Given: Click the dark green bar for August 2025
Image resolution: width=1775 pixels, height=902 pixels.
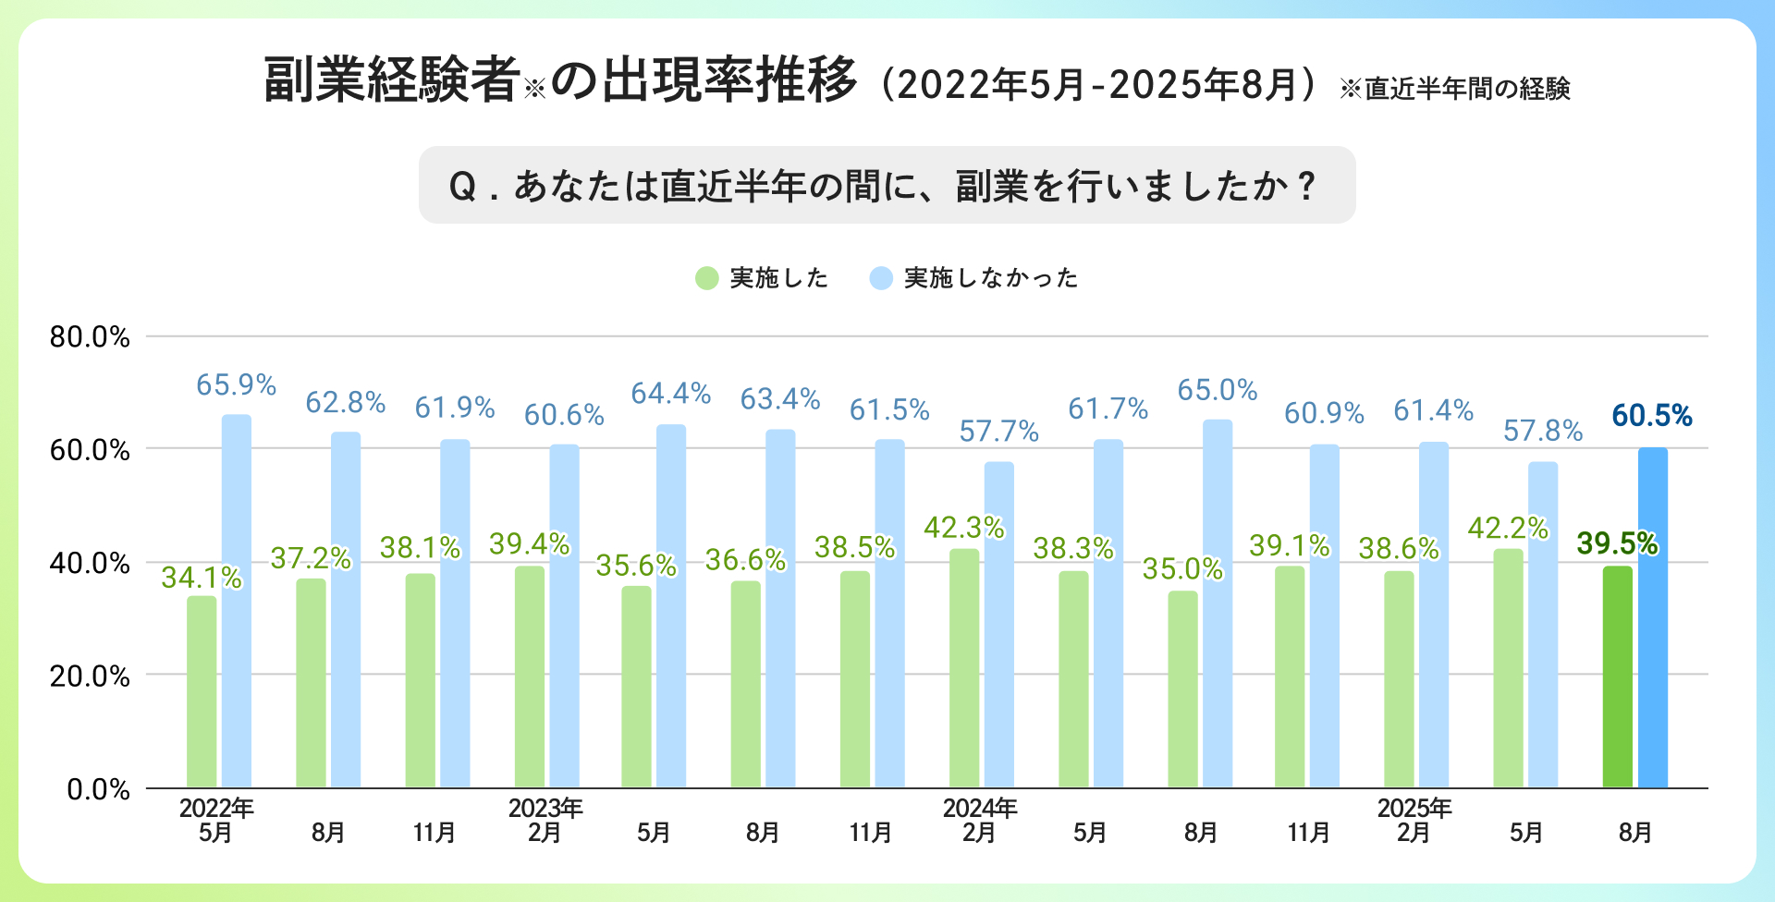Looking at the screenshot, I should tap(1617, 676).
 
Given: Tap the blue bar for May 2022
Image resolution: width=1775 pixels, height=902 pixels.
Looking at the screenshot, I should tap(237, 601).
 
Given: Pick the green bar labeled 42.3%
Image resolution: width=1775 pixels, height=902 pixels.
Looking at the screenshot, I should tap(964, 668).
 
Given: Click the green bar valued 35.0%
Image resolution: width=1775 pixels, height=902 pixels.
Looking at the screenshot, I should tap(1182, 689).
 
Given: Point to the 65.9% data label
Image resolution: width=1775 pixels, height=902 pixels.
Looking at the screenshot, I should tap(237, 385).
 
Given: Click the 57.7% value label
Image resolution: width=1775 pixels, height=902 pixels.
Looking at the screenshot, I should tap(999, 432).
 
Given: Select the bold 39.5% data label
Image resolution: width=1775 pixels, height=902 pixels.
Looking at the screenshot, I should tap(1617, 544).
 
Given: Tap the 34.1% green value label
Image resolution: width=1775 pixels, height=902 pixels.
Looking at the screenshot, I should tap(202, 578).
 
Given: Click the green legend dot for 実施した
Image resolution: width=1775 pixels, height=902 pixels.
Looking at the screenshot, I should tap(707, 278).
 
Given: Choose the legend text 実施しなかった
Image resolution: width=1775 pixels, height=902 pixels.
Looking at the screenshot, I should tap(991, 278).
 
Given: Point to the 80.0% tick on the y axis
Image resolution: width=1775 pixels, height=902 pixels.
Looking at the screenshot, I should tap(90, 337).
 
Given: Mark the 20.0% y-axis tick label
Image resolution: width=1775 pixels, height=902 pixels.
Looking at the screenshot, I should tap(90, 676).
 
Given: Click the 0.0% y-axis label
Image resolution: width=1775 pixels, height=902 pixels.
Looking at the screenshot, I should tap(98, 789).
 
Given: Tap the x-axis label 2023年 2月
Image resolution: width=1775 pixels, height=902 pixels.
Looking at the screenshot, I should tap(545, 821).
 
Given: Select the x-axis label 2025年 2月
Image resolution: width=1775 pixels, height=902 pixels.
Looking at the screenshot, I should tap(1414, 821).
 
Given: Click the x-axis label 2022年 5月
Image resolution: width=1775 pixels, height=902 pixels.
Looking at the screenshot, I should tap(216, 821).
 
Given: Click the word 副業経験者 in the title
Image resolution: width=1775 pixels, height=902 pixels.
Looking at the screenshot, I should tap(392, 80).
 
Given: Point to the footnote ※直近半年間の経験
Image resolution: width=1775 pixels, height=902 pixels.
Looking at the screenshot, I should tap(1455, 89).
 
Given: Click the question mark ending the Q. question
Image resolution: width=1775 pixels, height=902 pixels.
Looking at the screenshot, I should tap(1306, 186).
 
